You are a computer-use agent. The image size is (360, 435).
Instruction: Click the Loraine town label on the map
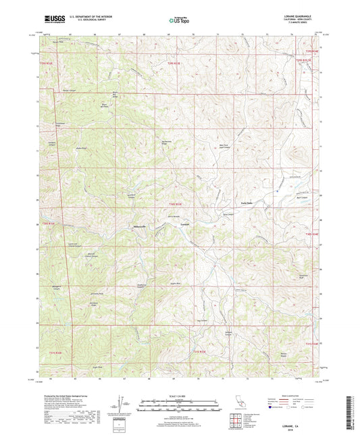(184, 224)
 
